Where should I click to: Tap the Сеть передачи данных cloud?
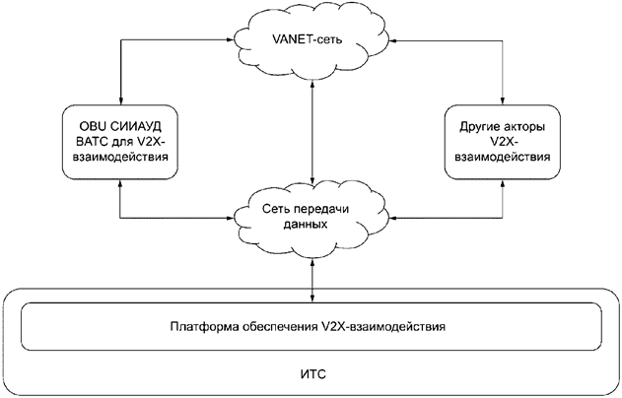[x=311, y=214]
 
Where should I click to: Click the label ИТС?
[x=311, y=375]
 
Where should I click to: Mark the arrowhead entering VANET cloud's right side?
[x=387, y=42]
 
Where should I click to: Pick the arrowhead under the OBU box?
[x=120, y=186]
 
